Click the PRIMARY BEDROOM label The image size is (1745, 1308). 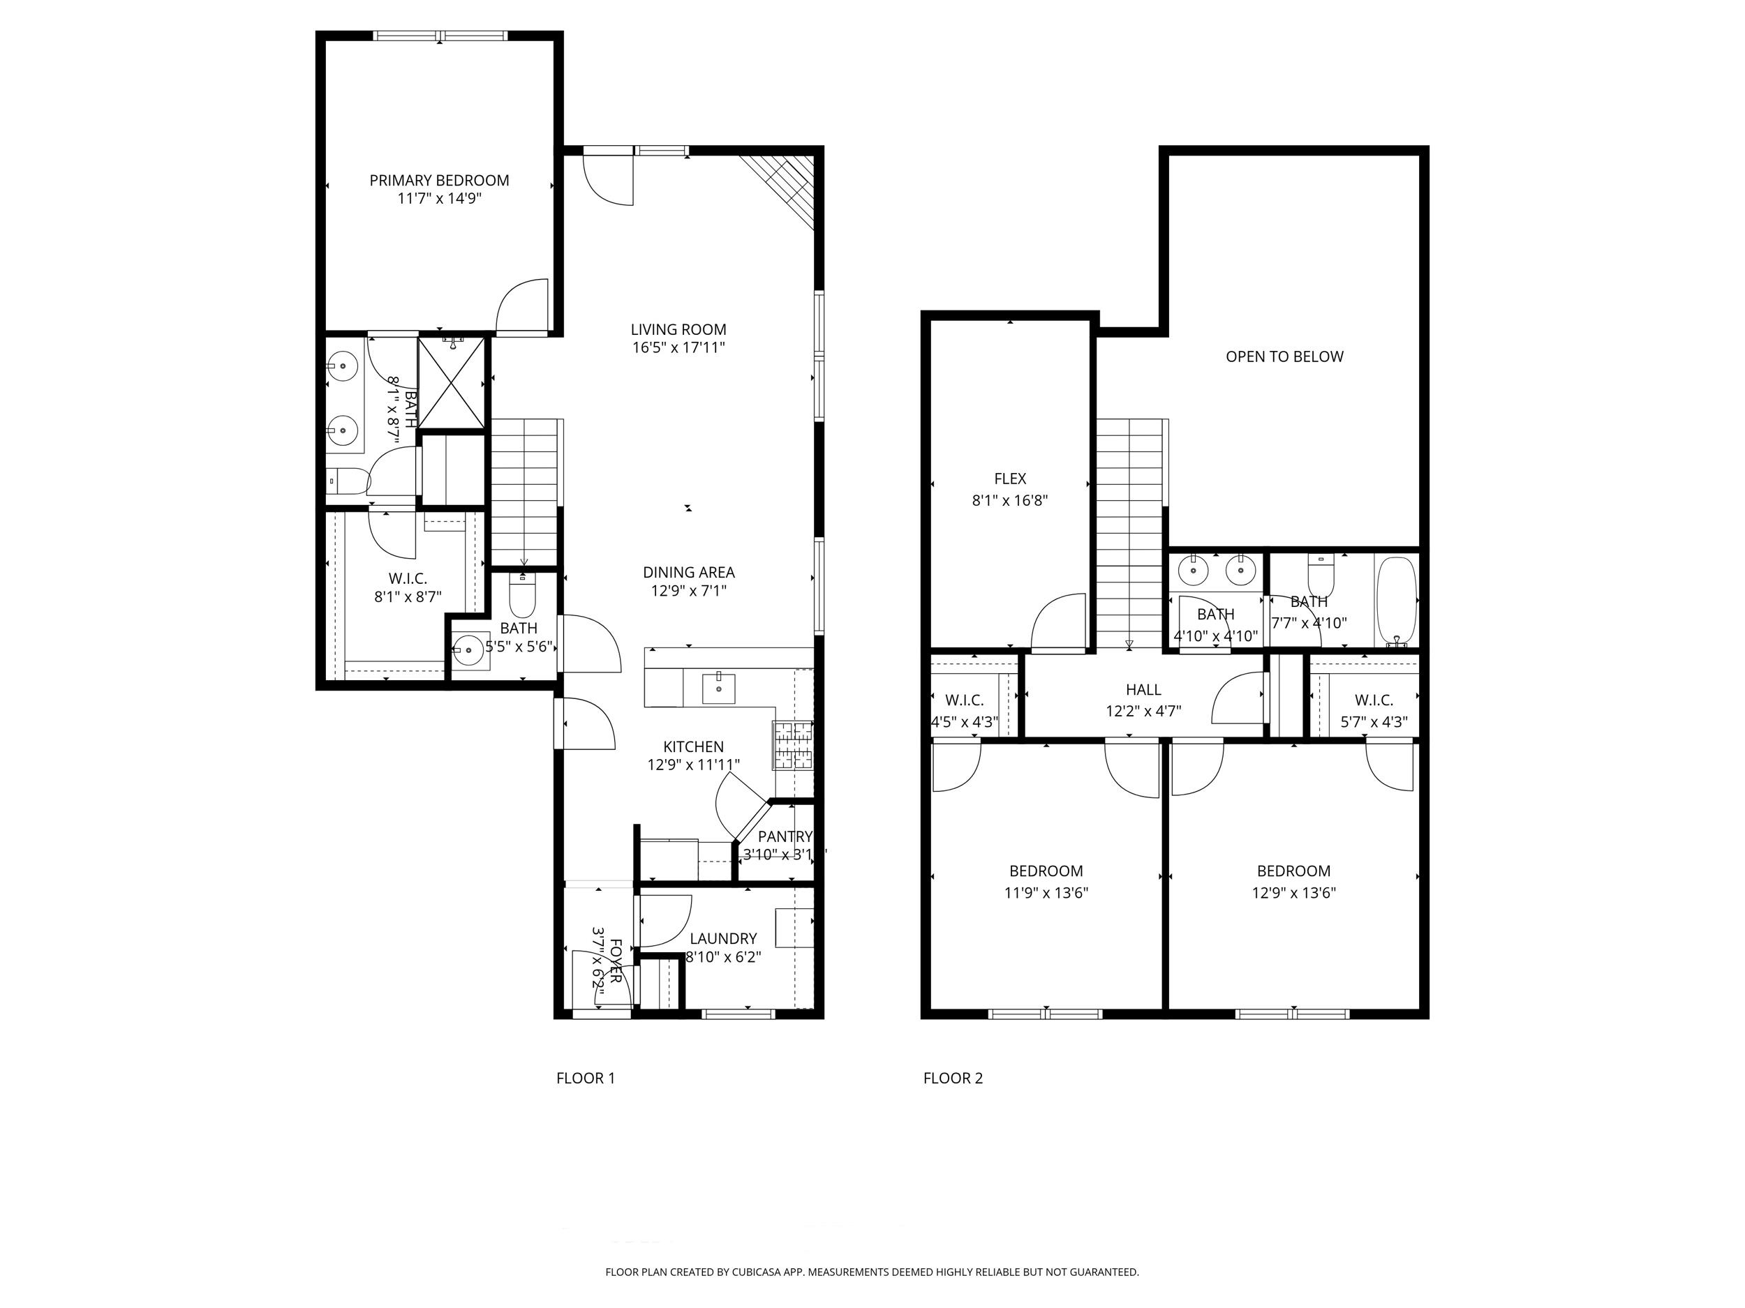point(440,181)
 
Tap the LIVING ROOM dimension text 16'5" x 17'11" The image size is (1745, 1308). point(678,347)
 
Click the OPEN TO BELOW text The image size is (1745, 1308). point(1284,356)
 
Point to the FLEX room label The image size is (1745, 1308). point(1010,479)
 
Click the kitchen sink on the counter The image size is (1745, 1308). point(719,689)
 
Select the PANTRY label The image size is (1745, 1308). point(785,836)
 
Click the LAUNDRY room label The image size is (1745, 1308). point(723,938)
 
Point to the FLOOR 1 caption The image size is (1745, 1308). point(586,1078)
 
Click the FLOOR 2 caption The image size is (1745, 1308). point(953,1078)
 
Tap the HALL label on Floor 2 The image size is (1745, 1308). point(1143,690)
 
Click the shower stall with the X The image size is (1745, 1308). point(451,384)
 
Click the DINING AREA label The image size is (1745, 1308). point(689,573)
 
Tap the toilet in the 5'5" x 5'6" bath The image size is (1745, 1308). point(522,596)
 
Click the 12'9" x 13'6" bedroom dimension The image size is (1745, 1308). point(1294,892)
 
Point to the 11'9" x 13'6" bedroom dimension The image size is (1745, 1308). point(1046,892)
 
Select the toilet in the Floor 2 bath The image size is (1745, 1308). point(1320,576)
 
